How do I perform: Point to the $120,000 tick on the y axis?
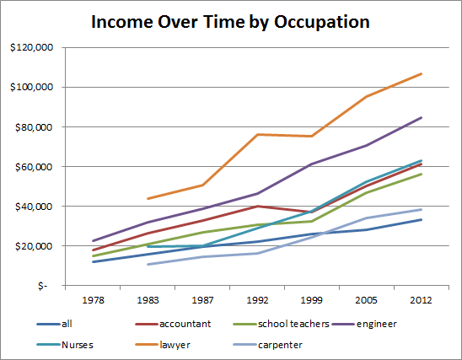tap(31, 48)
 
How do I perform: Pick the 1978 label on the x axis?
tap(92, 299)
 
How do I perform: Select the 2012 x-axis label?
tap(422, 299)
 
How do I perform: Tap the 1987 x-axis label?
tap(201, 299)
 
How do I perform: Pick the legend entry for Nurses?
tap(77, 344)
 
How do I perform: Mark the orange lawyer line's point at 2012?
tap(422, 74)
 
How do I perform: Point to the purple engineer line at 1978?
tap(92, 241)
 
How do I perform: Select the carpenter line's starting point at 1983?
tap(147, 265)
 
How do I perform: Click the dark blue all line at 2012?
tap(422, 219)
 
